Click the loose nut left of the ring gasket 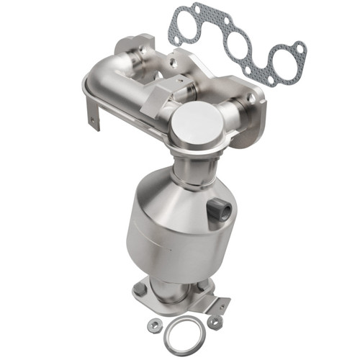tap(153, 325)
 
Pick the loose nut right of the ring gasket tap(215, 322)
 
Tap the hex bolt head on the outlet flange tap(138, 290)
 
